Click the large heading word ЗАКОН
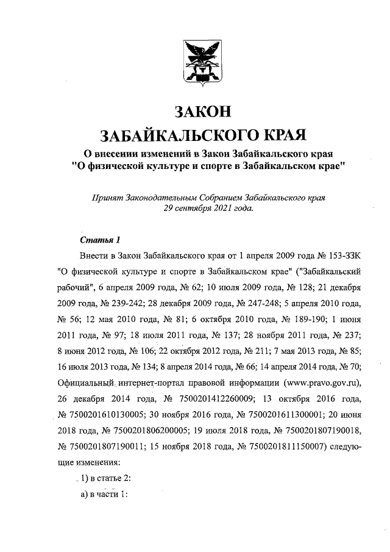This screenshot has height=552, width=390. (x=203, y=112)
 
